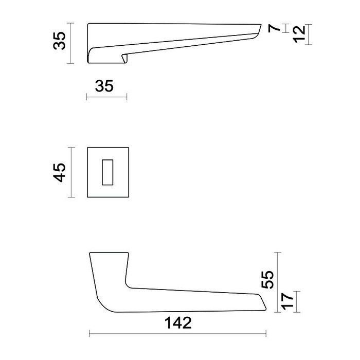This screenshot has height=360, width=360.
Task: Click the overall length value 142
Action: point(178,323)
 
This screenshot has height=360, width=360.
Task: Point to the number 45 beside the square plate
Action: point(60,173)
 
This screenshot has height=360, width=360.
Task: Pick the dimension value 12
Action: point(300,34)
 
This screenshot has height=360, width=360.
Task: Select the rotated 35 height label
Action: point(60,41)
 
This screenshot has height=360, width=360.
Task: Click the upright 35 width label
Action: point(104,86)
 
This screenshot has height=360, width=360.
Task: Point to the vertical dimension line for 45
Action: point(72,173)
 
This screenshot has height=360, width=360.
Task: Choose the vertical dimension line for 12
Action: point(309,34)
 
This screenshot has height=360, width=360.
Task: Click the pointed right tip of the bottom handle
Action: point(265,310)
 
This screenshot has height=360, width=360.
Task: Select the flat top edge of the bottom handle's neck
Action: point(109,253)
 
